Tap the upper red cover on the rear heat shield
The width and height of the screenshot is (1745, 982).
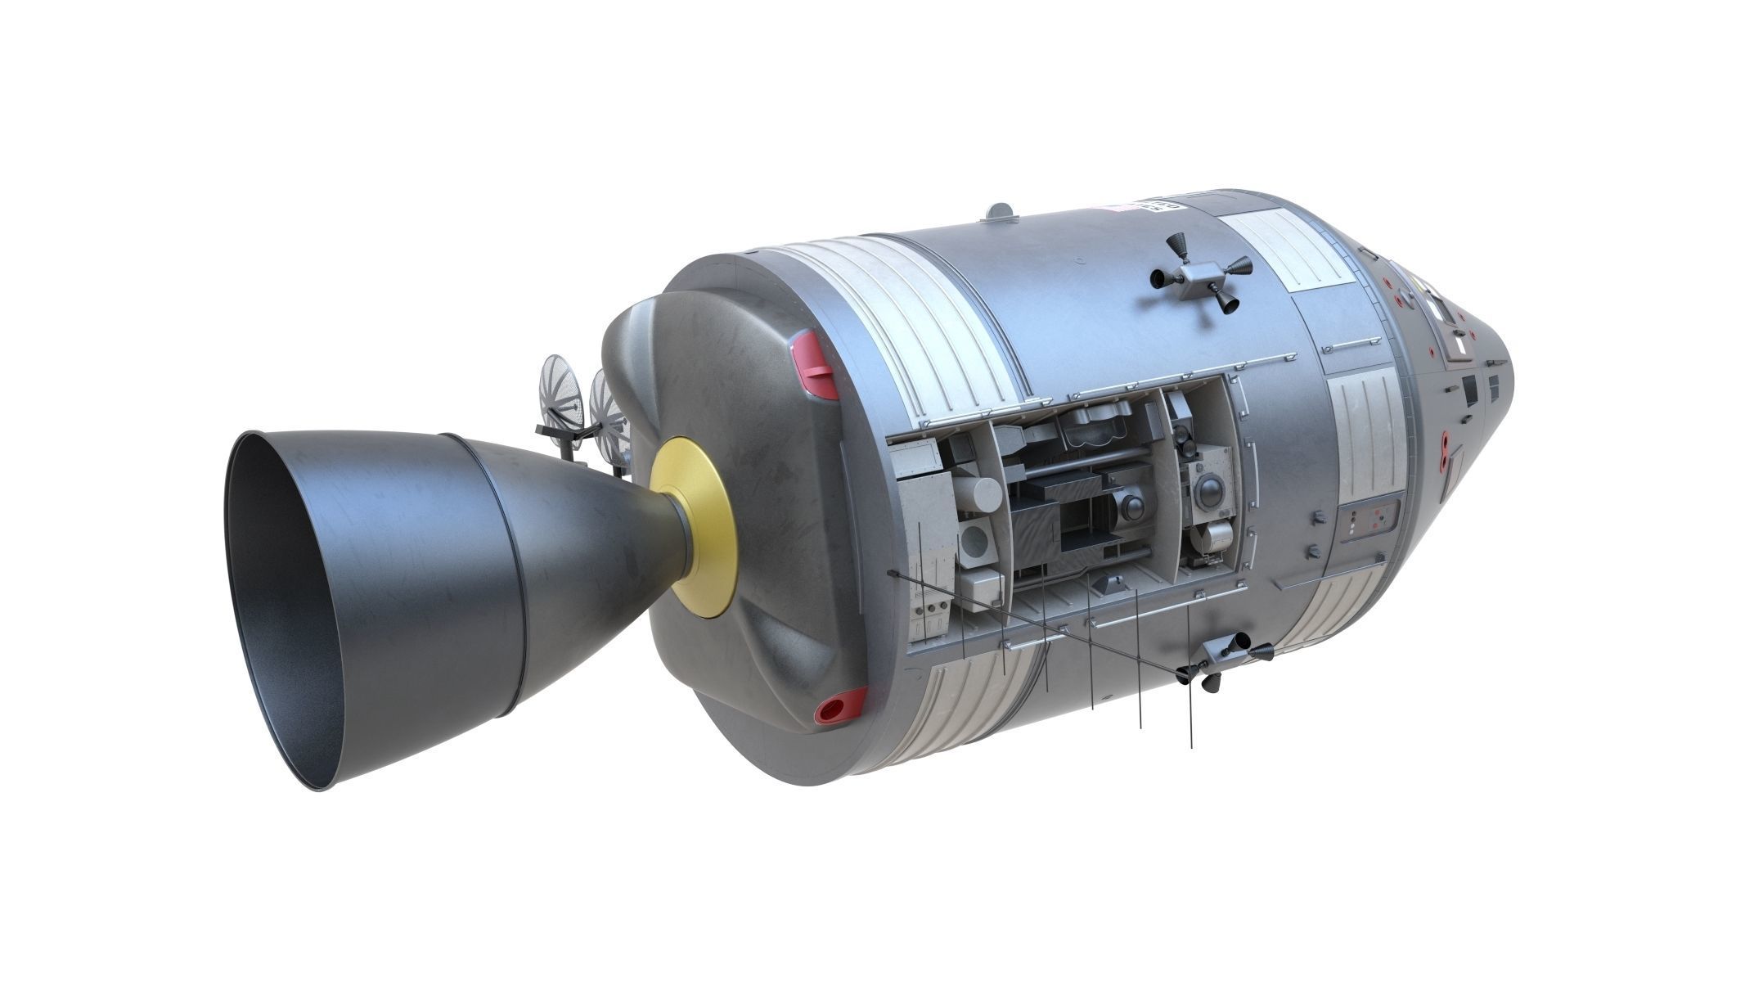coord(816,364)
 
